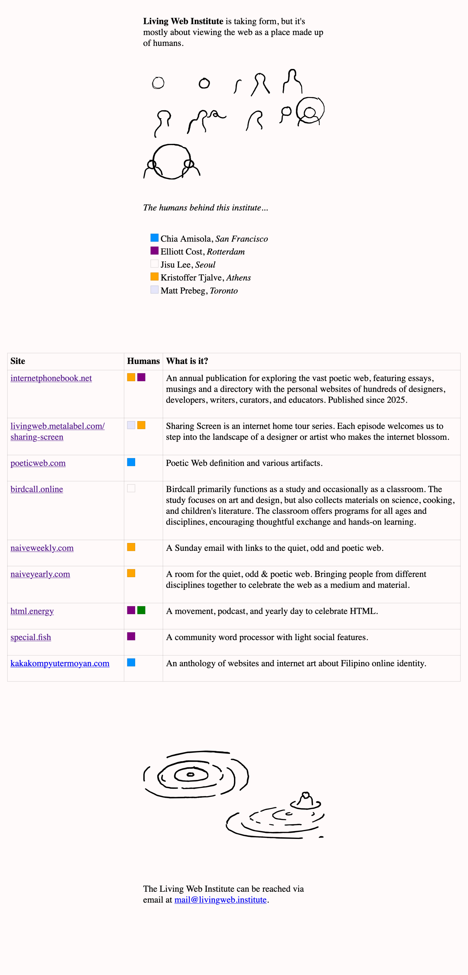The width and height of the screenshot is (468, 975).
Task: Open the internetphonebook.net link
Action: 51,378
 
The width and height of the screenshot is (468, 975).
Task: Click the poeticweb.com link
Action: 38,463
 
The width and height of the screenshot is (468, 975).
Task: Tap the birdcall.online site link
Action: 37,489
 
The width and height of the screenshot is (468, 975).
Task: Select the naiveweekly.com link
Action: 42,548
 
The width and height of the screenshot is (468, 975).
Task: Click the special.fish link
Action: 31,637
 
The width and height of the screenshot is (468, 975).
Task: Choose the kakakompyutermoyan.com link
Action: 60,663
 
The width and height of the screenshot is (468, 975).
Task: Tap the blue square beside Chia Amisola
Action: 154,238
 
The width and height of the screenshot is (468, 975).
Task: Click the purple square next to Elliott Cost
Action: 154,251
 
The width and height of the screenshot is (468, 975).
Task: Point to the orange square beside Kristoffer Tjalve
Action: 154,277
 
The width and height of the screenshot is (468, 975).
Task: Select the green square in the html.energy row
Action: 141,610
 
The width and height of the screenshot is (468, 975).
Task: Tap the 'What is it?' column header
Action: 187,361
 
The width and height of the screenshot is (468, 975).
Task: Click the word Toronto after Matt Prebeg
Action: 224,291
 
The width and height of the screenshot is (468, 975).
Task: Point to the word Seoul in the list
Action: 205,265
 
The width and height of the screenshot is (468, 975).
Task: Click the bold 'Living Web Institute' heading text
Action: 183,21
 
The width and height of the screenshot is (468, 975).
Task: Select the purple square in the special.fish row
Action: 131,636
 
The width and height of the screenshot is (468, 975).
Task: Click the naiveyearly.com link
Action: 40,574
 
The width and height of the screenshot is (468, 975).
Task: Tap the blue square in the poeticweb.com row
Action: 131,462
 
